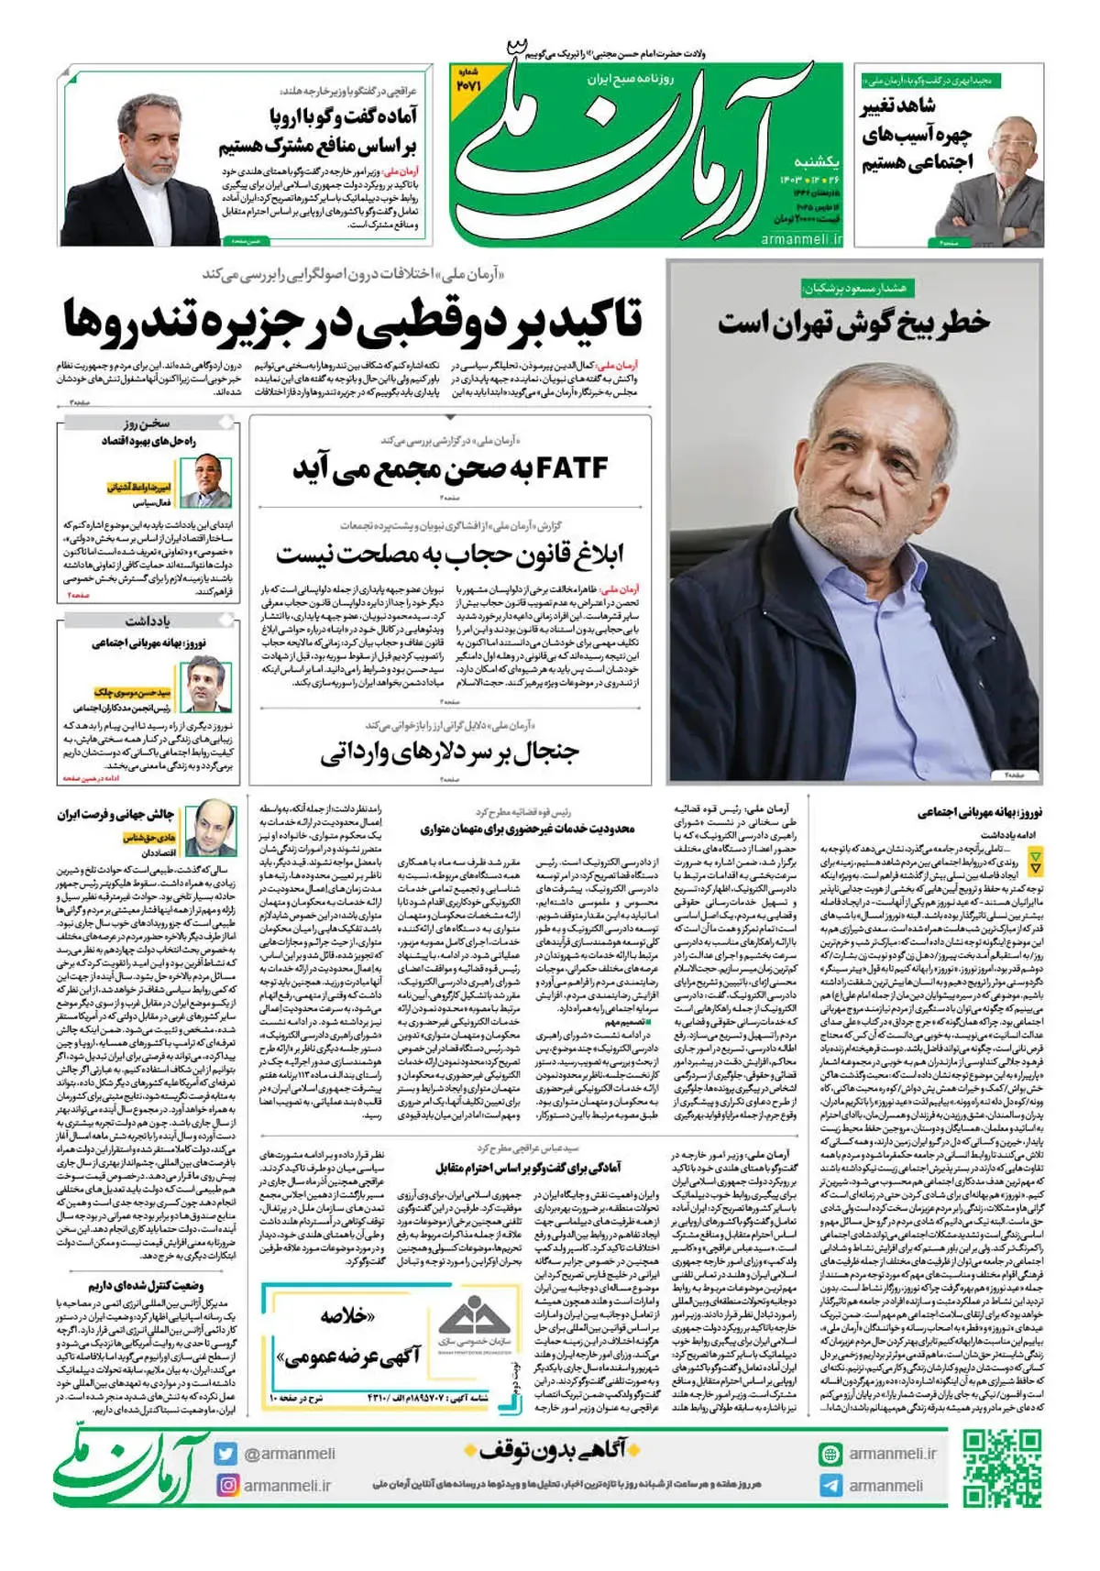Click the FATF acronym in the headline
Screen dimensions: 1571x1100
tap(572, 468)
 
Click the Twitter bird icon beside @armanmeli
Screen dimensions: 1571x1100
tap(226, 1453)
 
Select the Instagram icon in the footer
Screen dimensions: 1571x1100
tap(226, 1485)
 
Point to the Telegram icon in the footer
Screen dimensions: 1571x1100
tap(830, 1486)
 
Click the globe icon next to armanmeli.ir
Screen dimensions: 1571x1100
tap(830, 1454)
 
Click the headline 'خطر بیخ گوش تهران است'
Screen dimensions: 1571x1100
tap(853, 324)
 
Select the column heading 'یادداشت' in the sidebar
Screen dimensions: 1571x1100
tap(148, 621)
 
